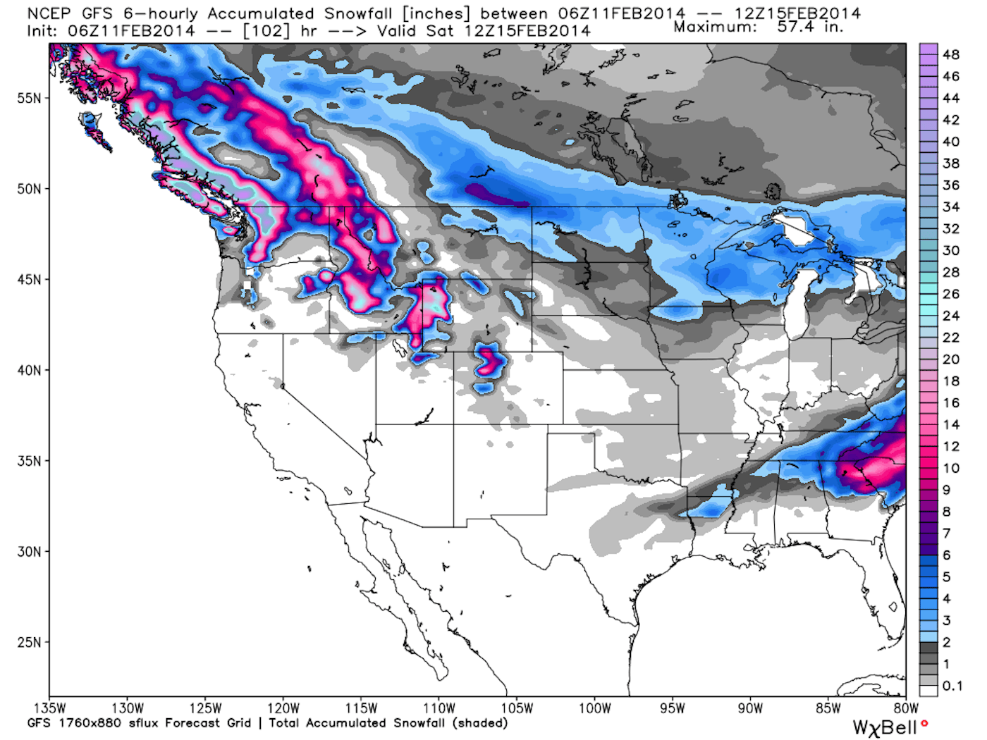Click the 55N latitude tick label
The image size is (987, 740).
[29, 98]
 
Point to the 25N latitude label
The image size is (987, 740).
[29, 642]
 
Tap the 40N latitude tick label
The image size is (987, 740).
[29, 370]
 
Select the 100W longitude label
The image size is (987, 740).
[594, 708]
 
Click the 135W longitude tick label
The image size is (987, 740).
[49, 708]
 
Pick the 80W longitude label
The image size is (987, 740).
[906, 708]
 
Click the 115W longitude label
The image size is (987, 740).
[361, 708]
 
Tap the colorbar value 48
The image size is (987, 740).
[951, 54]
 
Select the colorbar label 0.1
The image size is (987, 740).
[952, 686]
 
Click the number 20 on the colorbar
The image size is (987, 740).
[951, 359]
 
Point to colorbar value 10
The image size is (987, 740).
[951, 468]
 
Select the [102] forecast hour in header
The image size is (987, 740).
[266, 31]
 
